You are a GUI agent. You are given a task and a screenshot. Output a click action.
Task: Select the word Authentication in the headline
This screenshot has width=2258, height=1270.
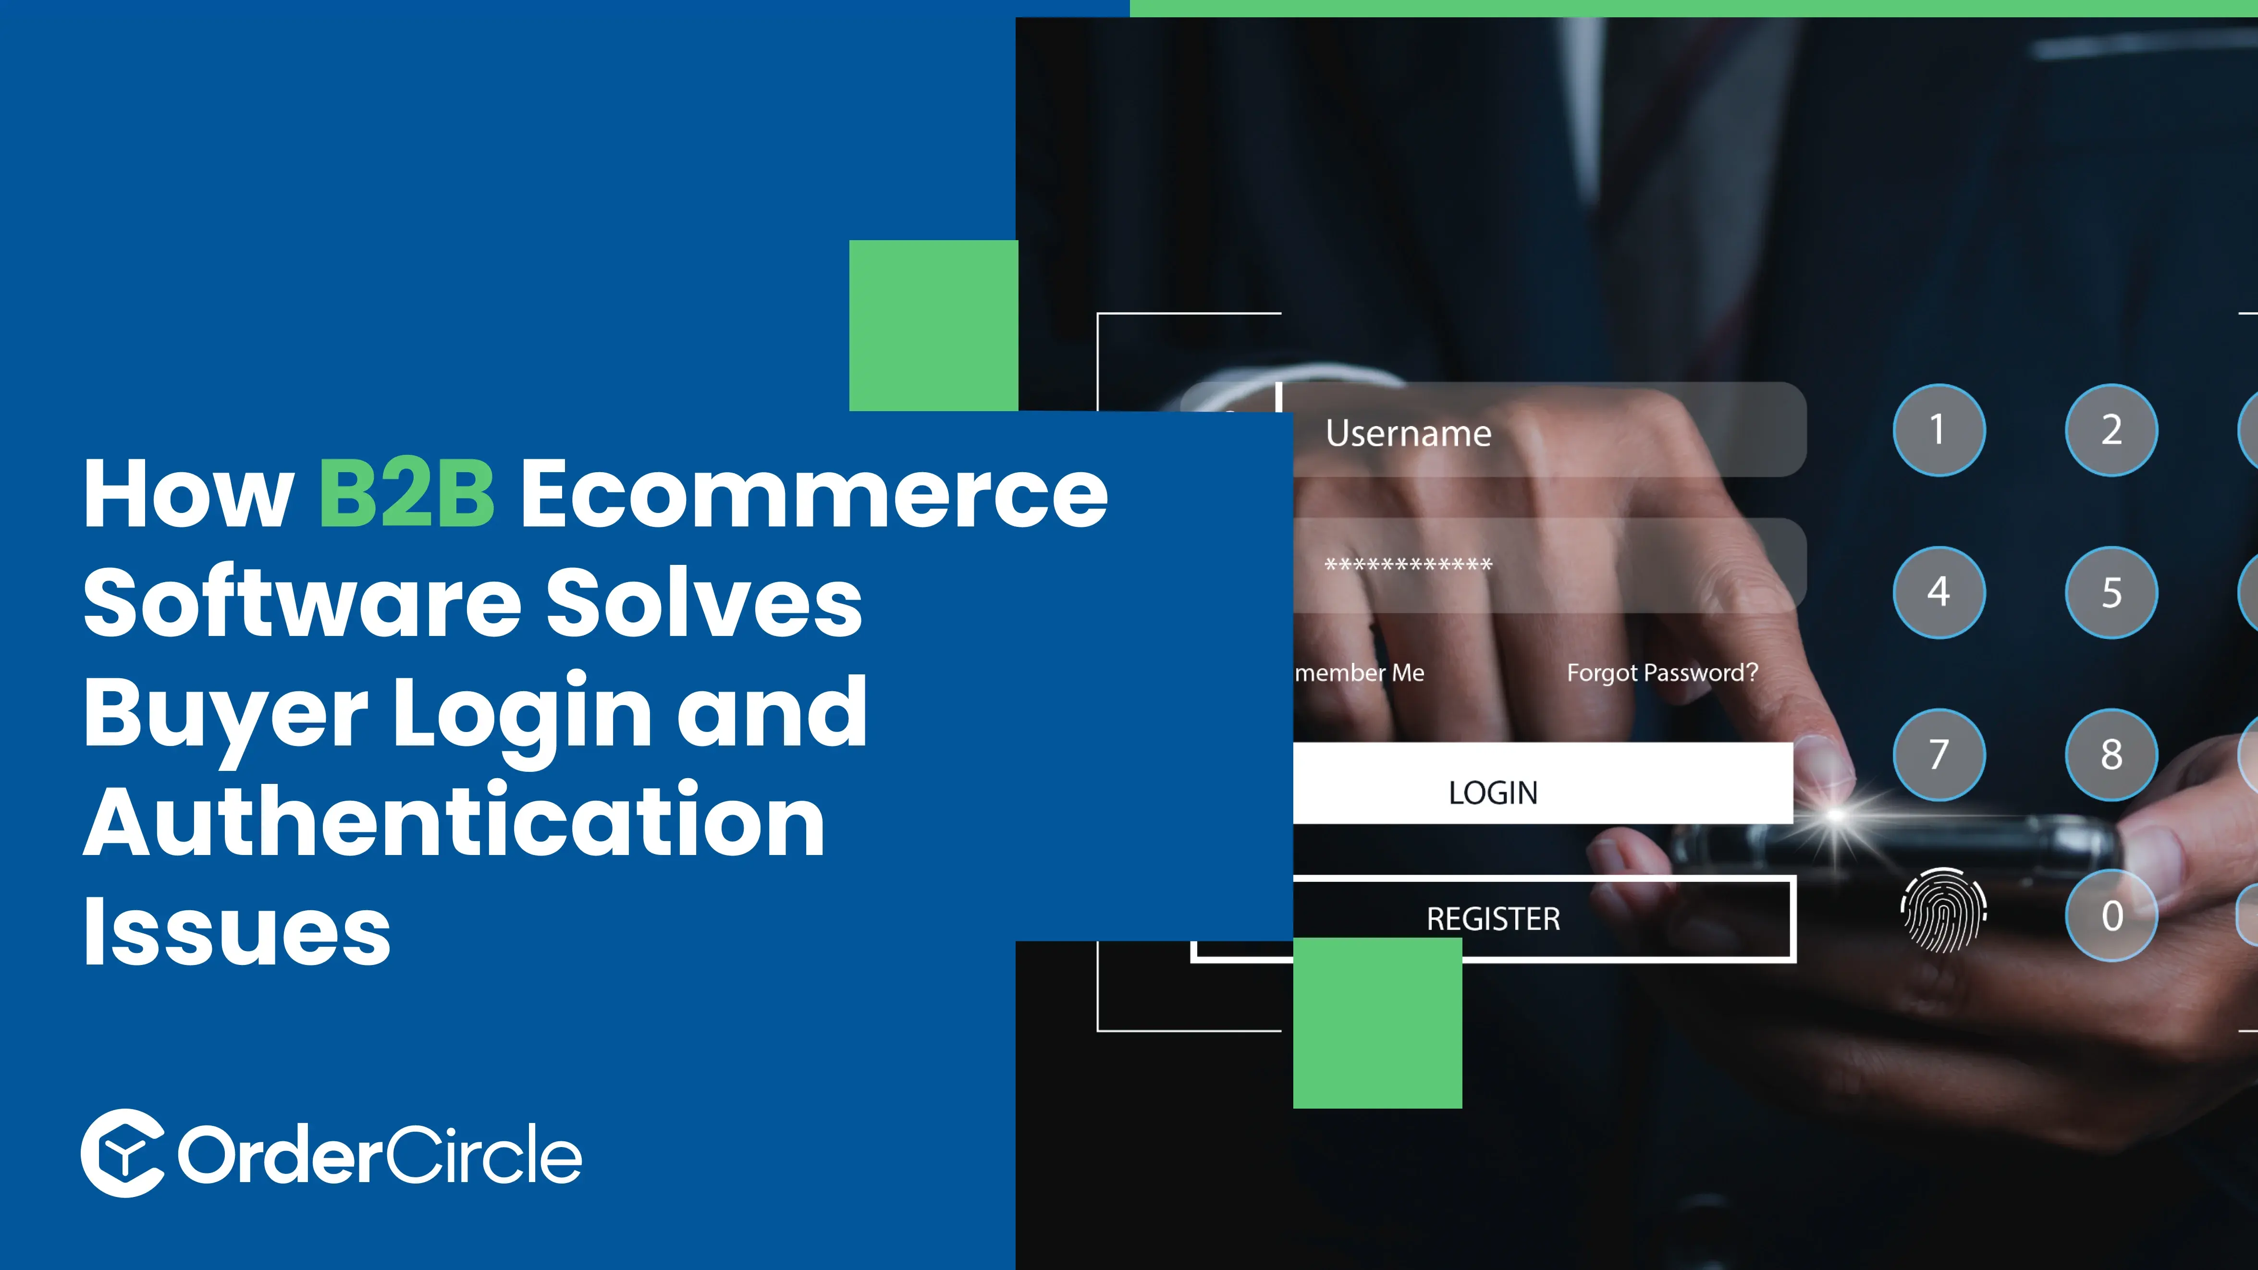coord(454,822)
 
